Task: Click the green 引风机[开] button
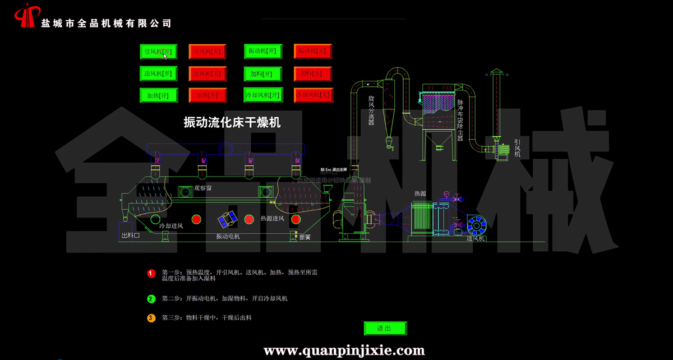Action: [158, 52]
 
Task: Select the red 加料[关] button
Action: [313, 73]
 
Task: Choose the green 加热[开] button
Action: [158, 95]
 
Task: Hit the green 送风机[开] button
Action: [158, 73]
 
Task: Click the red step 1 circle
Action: [151, 274]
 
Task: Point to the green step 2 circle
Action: [151, 299]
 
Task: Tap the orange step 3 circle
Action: [151, 318]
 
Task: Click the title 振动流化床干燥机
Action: [232, 122]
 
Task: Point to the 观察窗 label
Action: [203, 188]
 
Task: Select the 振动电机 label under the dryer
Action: [228, 237]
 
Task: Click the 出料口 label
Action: [130, 236]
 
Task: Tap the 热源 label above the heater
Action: [420, 193]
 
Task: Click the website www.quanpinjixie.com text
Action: [344, 351]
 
